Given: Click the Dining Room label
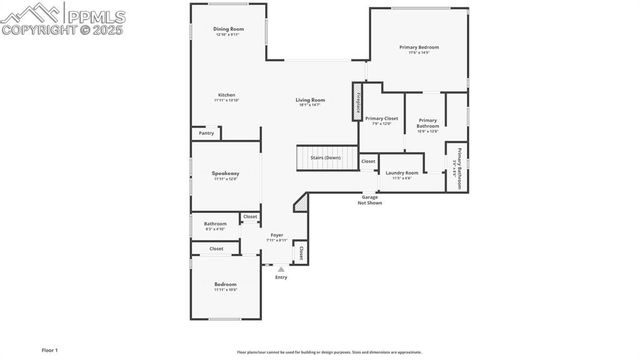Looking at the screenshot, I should (229, 29).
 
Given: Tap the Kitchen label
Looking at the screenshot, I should (226, 95).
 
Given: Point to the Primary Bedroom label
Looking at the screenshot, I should (419, 47).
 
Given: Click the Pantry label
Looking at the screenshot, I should (206, 132).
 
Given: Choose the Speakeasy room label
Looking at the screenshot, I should (225, 174).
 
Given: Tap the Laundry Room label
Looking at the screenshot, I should (402, 173).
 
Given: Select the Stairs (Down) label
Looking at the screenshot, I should (325, 157).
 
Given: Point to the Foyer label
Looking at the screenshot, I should (276, 235).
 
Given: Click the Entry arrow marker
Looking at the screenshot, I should (281, 269).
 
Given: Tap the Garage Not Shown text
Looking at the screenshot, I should (371, 199).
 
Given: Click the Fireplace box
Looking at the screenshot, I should (355, 102).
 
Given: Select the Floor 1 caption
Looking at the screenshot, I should (50, 350).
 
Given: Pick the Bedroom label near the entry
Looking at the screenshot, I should (226, 285).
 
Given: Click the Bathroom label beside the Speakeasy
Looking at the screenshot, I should (215, 224).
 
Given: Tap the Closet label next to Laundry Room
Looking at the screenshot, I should (368, 160).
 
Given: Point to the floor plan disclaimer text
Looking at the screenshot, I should (329, 352).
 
